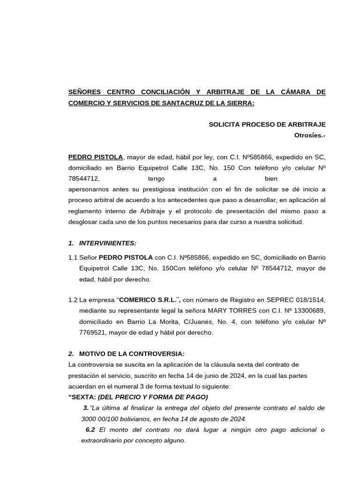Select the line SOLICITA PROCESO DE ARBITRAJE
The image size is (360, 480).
coord(267,124)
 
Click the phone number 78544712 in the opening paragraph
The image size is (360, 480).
coord(84,179)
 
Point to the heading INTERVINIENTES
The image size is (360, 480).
coord(108,243)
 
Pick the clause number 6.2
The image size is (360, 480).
coord(91,430)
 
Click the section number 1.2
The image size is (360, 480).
coord(73,300)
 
